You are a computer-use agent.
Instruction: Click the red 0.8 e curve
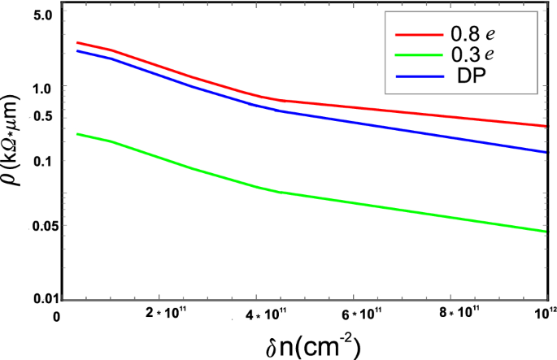[x=407, y=111]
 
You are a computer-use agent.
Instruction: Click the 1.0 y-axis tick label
[x=42, y=88]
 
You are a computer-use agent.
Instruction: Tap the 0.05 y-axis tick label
[x=39, y=225]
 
